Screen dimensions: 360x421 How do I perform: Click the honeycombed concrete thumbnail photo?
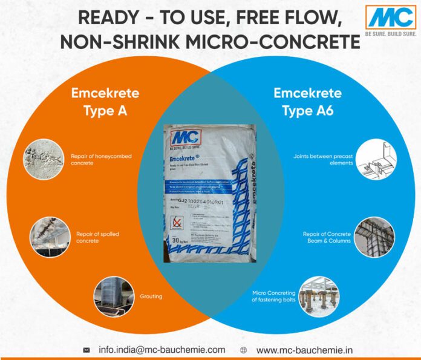tap(43, 159)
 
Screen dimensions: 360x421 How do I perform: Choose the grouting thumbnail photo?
tap(113, 297)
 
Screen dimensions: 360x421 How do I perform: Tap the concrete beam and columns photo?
tap(374, 236)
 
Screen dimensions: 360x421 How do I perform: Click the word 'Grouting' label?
tap(151, 297)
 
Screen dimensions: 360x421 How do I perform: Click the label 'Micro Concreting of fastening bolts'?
tap(274, 296)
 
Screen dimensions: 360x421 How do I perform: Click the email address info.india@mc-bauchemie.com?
tap(162, 350)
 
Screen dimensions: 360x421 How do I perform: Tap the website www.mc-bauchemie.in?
tap(305, 350)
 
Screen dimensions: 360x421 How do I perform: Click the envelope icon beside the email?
tap(86, 350)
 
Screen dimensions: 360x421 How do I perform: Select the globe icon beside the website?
tap(244, 350)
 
